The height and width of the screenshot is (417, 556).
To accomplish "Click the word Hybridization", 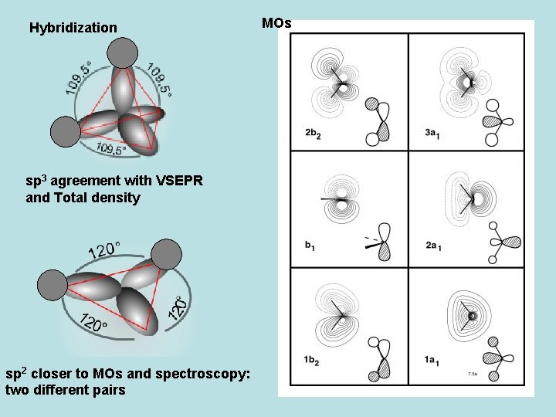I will pos(73,29).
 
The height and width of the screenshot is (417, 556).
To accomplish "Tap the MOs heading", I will pos(276,23).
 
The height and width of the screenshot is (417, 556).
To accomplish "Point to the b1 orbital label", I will pos(310,246).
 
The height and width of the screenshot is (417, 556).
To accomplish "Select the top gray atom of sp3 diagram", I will pos(120,53).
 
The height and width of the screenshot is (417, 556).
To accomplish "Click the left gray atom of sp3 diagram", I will pos(65,131).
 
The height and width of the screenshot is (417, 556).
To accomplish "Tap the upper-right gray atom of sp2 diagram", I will pos(166,254).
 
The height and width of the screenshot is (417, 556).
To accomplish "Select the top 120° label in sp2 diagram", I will pos(104,251).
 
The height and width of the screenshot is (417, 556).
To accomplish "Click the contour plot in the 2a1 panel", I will pos(473,199).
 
